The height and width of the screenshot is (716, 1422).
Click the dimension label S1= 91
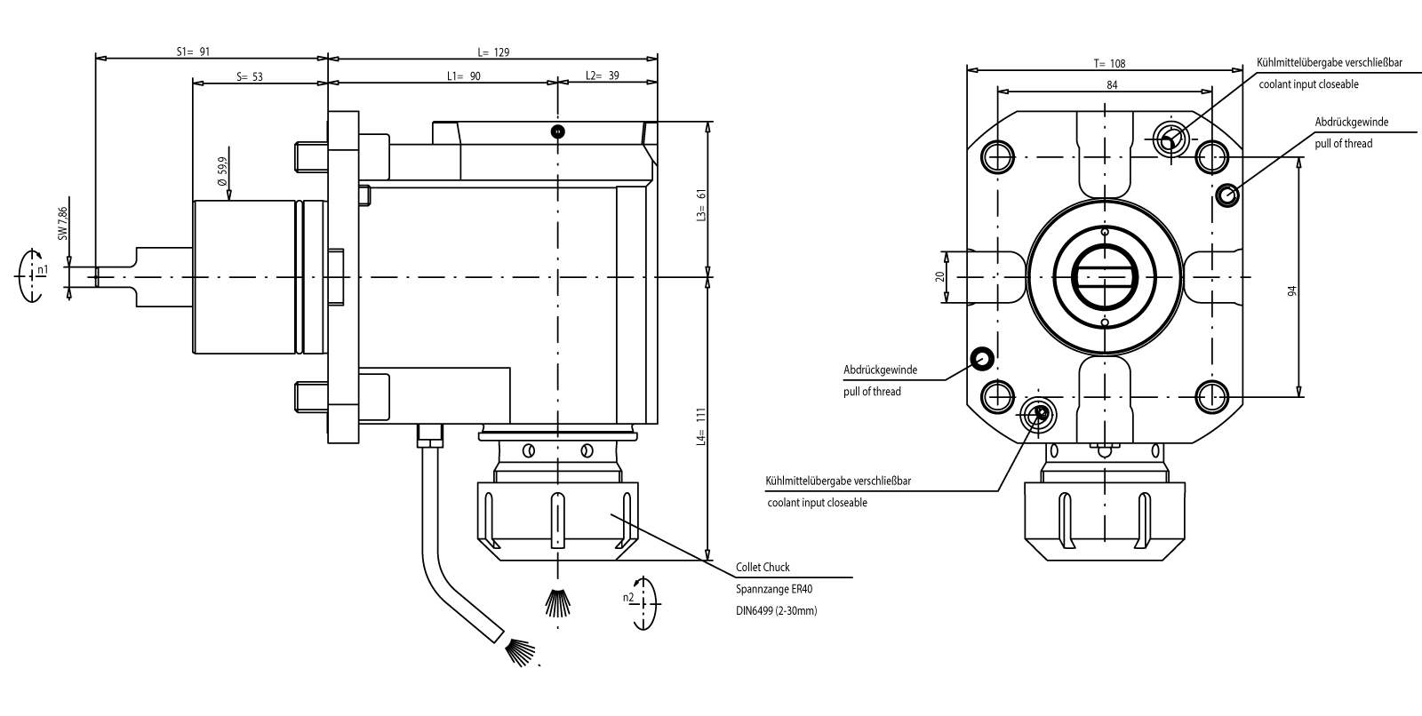point(193,52)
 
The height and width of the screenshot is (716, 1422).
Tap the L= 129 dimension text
point(492,52)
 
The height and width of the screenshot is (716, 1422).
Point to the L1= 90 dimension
point(463,76)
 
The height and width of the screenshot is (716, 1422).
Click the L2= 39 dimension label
point(603,76)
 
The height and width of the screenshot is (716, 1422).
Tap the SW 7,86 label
point(62,225)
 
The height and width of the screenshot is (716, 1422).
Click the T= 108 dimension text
point(1109,63)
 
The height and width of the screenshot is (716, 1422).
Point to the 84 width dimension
point(1112,84)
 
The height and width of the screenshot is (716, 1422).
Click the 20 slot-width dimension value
point(940,276)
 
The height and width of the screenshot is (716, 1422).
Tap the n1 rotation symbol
point(34,275)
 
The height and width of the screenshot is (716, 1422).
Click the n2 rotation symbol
point(642,603)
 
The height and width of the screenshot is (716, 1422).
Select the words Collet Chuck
point(763,567)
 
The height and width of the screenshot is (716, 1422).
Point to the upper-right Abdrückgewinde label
point(1351,122)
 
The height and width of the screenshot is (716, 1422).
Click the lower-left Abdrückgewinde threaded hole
point(982,358)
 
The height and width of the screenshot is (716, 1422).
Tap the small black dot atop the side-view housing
point(557,132)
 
